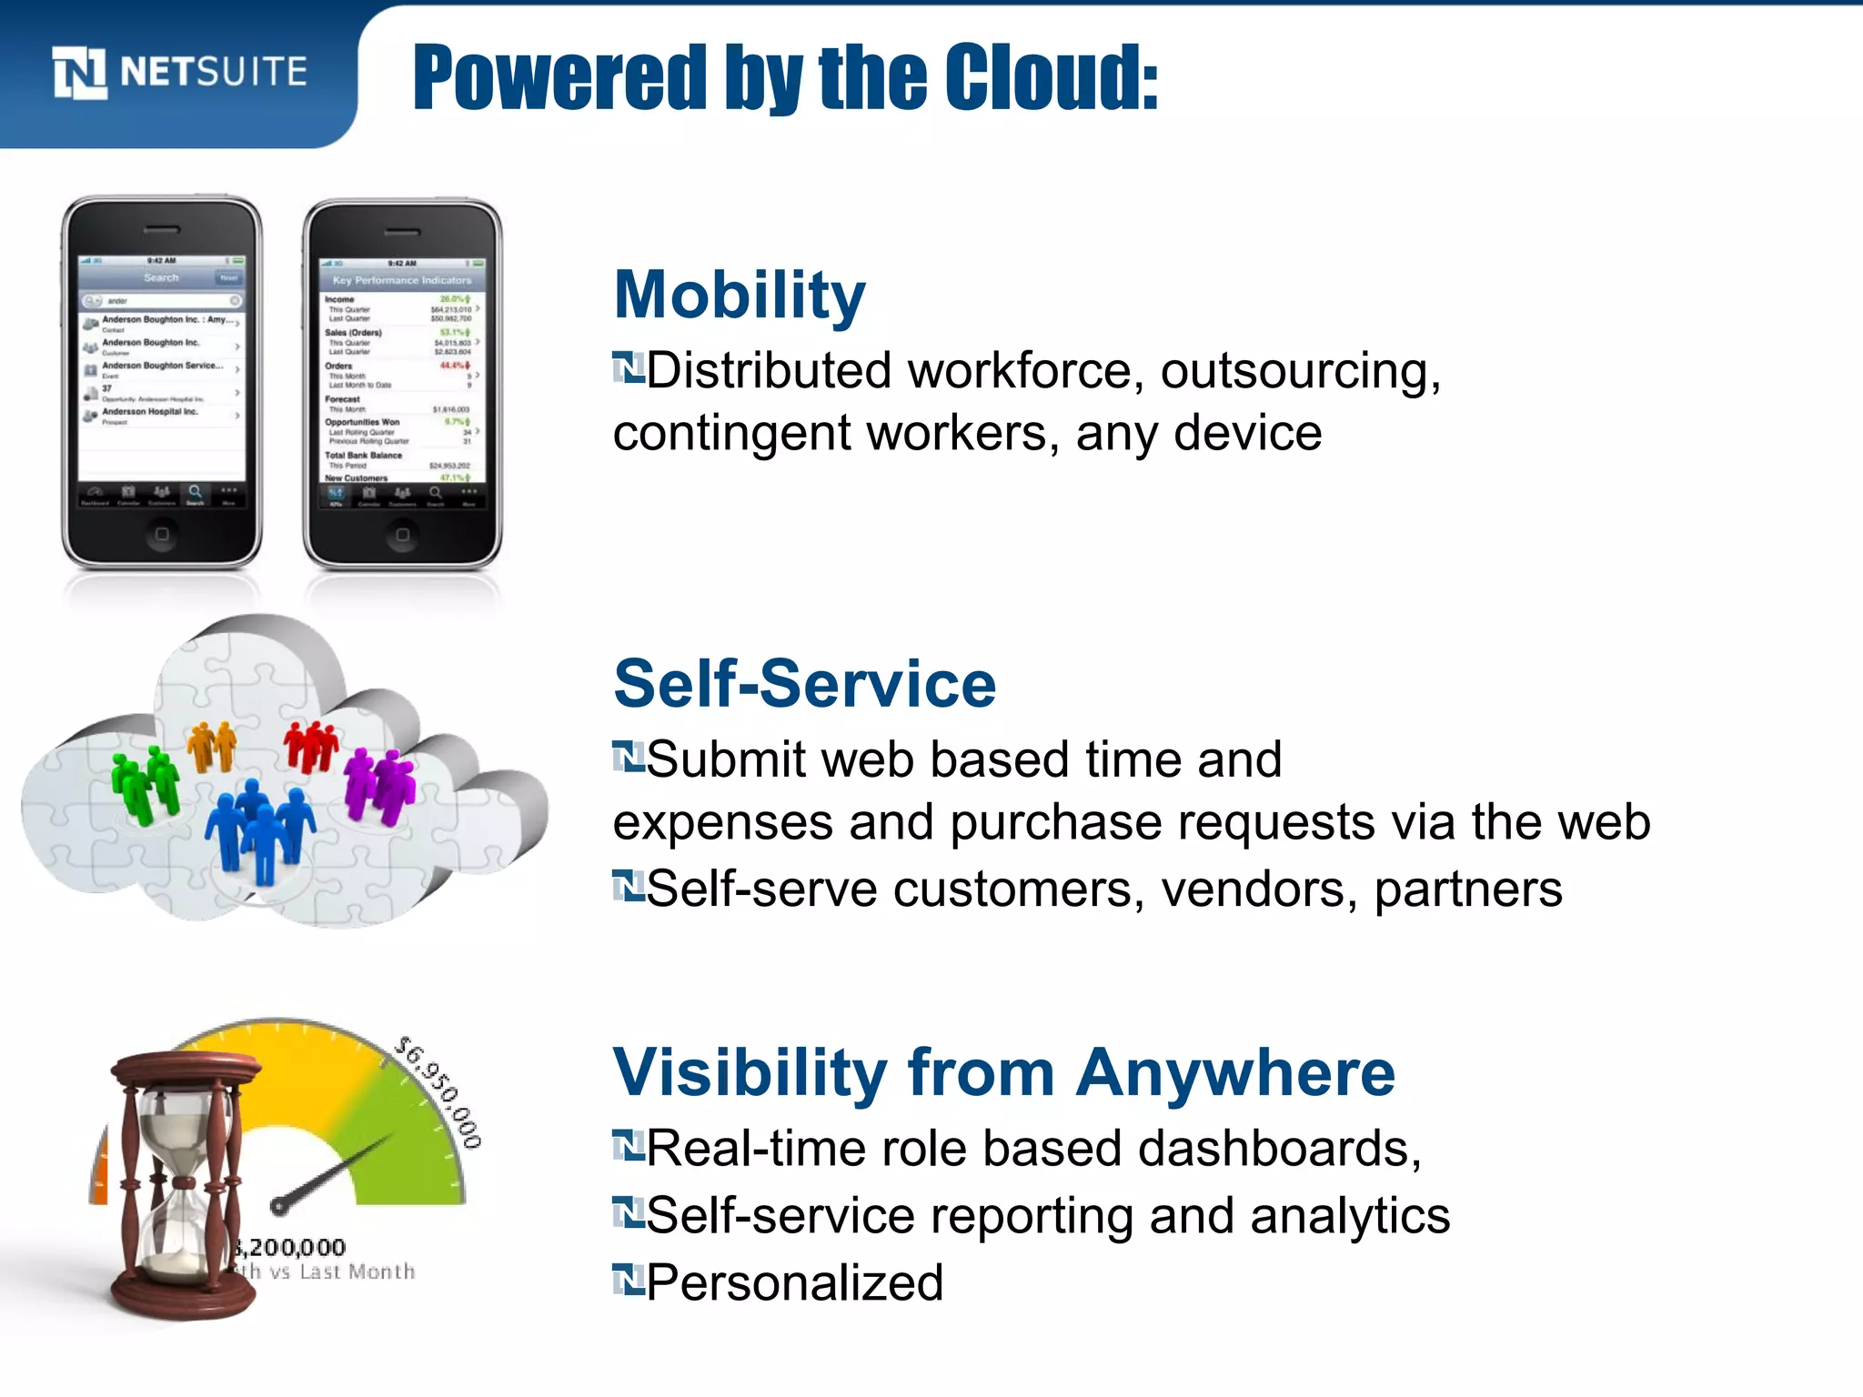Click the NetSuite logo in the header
click(180, 72)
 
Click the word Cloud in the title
click(1051, 78)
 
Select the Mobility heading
click(739, 296)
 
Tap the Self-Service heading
click(804, 684)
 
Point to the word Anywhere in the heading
click(1234, 1073)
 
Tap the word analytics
click(1350, 1216)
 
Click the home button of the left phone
click(162, 534)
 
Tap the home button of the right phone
click(402, 535)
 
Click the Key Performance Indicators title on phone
click(402, 280)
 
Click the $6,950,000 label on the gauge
click(439, 1092)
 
